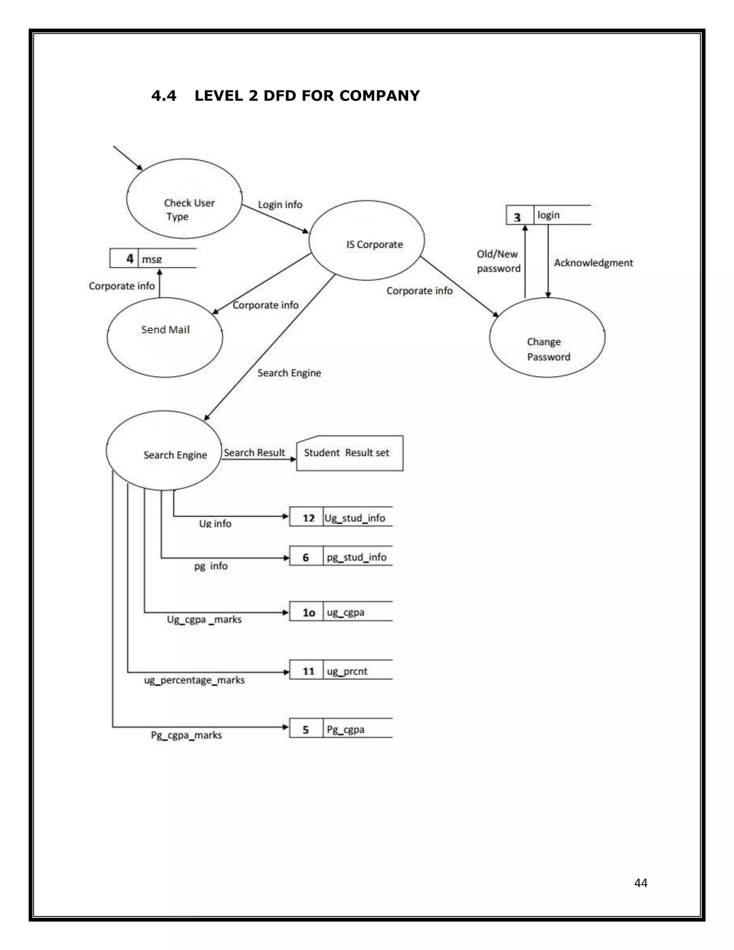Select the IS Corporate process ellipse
pyautogui.click(x=367, y=241)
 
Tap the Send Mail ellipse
pyautogui.click(x=165, y=337)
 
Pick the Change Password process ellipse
pyautogui.click(x=547, y=338)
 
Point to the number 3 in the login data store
pyautogui.click(x=517, y=217)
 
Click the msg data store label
pyautogui.click(x=152, y=259)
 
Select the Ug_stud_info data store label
pyautogui.click(x=355, y=518)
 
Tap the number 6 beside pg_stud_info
pyautogui.click(x=306, y=558)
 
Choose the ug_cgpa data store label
pyautogui.click(x=346, y=612)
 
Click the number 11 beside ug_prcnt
pyautogui.click(x=308, y=671)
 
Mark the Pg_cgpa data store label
pyautogui.click(x=346, y=730)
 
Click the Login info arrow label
pyautogui.click(x=280, y=204)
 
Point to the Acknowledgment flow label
pyautogui.click(x=593, y=263)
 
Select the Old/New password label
pyautogui.click(x=498, y=261)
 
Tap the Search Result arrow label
pyautogui.click(x=254, y=452)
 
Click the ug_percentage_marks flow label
pyautogui.click(x=194, y=680)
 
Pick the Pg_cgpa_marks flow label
pyautogui.click(x=186, y=735)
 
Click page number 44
pyautogui.click(x=640, y=883)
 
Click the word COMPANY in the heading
pyautogui.click(x=379, y=96)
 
